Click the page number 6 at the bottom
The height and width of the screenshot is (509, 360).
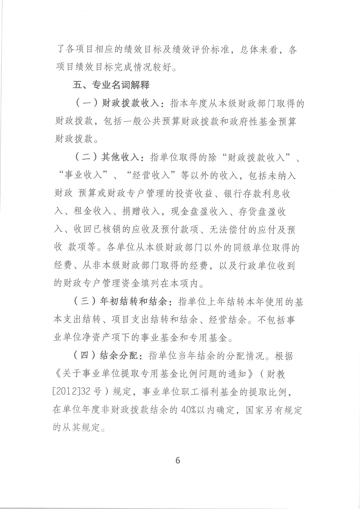(177, 460)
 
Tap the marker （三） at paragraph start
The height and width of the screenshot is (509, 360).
(85, 302)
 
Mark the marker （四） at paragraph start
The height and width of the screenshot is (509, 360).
(85, 356)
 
